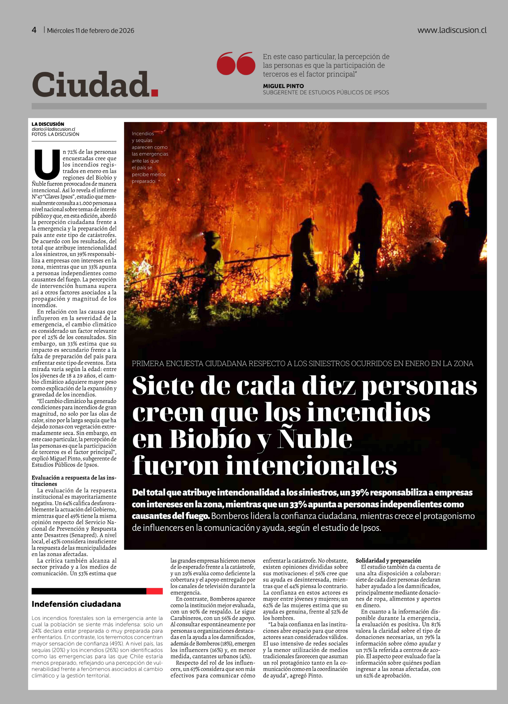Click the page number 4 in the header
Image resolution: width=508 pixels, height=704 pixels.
point(34,30)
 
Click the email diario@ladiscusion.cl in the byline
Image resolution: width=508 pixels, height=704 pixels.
point(53,129)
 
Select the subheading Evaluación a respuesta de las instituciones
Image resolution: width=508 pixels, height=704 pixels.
point(74,481)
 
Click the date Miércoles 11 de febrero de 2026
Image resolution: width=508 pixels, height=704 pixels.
point(91,30)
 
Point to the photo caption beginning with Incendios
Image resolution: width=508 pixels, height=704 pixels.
point(150,157)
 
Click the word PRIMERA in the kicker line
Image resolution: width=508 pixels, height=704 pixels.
point(148,363)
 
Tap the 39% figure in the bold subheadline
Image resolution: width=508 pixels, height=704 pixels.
point(360,493)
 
